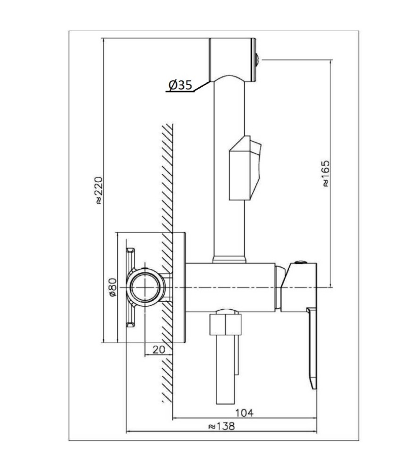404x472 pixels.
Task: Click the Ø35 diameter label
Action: (180, 85)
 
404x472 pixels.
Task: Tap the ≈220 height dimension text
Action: (99, 191)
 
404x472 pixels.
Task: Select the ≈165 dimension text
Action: (326, 174)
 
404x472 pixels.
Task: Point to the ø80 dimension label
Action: (113, 287)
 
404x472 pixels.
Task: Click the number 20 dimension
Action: (159, 349)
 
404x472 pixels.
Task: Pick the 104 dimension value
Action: (244, 413)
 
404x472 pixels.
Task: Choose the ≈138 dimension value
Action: (221, 426)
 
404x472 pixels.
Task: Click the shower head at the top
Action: (232, 60)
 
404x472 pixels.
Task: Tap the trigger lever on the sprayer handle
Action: (245, 168)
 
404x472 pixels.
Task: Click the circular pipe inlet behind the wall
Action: (145, 287)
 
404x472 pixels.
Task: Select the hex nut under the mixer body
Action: (225, 324)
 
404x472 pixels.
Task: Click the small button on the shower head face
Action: (258, 60)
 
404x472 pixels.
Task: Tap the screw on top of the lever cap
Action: (300, 262)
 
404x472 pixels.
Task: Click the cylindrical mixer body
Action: (231, 287)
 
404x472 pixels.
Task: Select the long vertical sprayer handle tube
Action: (229, 169)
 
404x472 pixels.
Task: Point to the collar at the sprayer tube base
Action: (229, 260)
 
